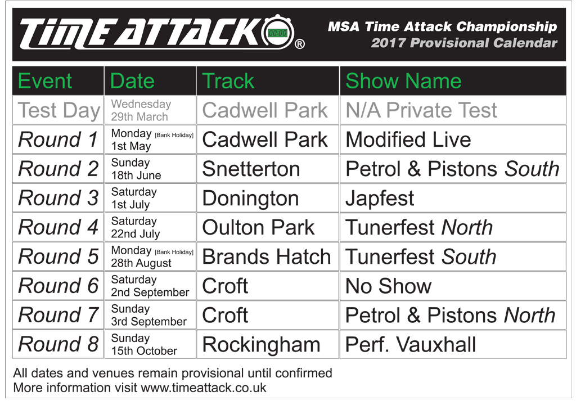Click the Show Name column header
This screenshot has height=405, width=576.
click(403, 81)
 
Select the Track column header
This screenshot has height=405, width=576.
click(228, 81)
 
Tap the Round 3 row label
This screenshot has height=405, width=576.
click(58, 198)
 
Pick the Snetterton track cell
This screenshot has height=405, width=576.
click(250, 169)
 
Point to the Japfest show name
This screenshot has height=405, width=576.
click(380, 198)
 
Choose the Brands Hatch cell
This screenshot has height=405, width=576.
click(266, 256)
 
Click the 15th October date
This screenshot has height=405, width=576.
click(144, 350)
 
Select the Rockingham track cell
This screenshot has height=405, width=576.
click(261, 344)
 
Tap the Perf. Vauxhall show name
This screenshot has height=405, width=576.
click(411, 344)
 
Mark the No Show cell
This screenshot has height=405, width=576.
click(388, 286)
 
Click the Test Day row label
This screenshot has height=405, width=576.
click(58, 110)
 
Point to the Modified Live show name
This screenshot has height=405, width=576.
click(408, 139)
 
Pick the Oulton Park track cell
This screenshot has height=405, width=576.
click(258, 227)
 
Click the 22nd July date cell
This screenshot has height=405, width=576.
click(136, 233)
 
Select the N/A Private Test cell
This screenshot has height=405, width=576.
click(421, 110)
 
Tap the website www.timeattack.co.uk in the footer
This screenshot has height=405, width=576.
click(203, 388)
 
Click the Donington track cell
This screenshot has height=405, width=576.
click(250, 198)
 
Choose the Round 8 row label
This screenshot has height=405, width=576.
click(58, 344)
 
